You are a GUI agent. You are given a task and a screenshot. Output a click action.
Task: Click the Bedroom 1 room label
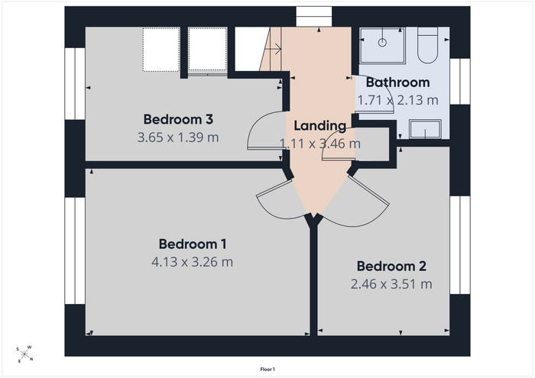(192, 244)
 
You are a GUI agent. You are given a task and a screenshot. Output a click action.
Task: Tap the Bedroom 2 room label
(391, 267)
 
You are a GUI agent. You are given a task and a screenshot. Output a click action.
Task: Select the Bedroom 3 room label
(178, 119)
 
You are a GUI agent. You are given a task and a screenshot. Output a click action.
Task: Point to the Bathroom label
(398, 82)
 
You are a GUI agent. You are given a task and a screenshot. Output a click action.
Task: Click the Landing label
(320, 126)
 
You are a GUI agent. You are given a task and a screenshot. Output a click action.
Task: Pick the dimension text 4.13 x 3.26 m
(192, 262)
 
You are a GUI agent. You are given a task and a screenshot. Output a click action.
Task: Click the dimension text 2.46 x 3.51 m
(391, 284)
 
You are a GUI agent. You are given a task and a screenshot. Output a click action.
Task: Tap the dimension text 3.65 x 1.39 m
(178, 137)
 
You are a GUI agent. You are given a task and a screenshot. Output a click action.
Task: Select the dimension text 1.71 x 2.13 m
(398, 100)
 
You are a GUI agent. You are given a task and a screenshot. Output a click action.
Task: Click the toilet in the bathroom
(427, 45)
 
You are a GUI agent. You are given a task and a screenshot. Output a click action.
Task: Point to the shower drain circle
(382, 43)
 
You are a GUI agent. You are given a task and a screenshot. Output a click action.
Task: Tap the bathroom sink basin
(425, 129)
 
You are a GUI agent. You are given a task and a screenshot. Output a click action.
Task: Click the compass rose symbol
(24, 354)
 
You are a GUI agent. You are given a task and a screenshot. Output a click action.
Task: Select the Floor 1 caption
(267, 369)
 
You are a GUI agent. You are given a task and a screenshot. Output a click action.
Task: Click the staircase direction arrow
(273, 49)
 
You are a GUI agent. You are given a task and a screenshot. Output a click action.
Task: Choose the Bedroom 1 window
(75, 250)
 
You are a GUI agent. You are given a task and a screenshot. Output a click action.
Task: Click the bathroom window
(460, 82)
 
